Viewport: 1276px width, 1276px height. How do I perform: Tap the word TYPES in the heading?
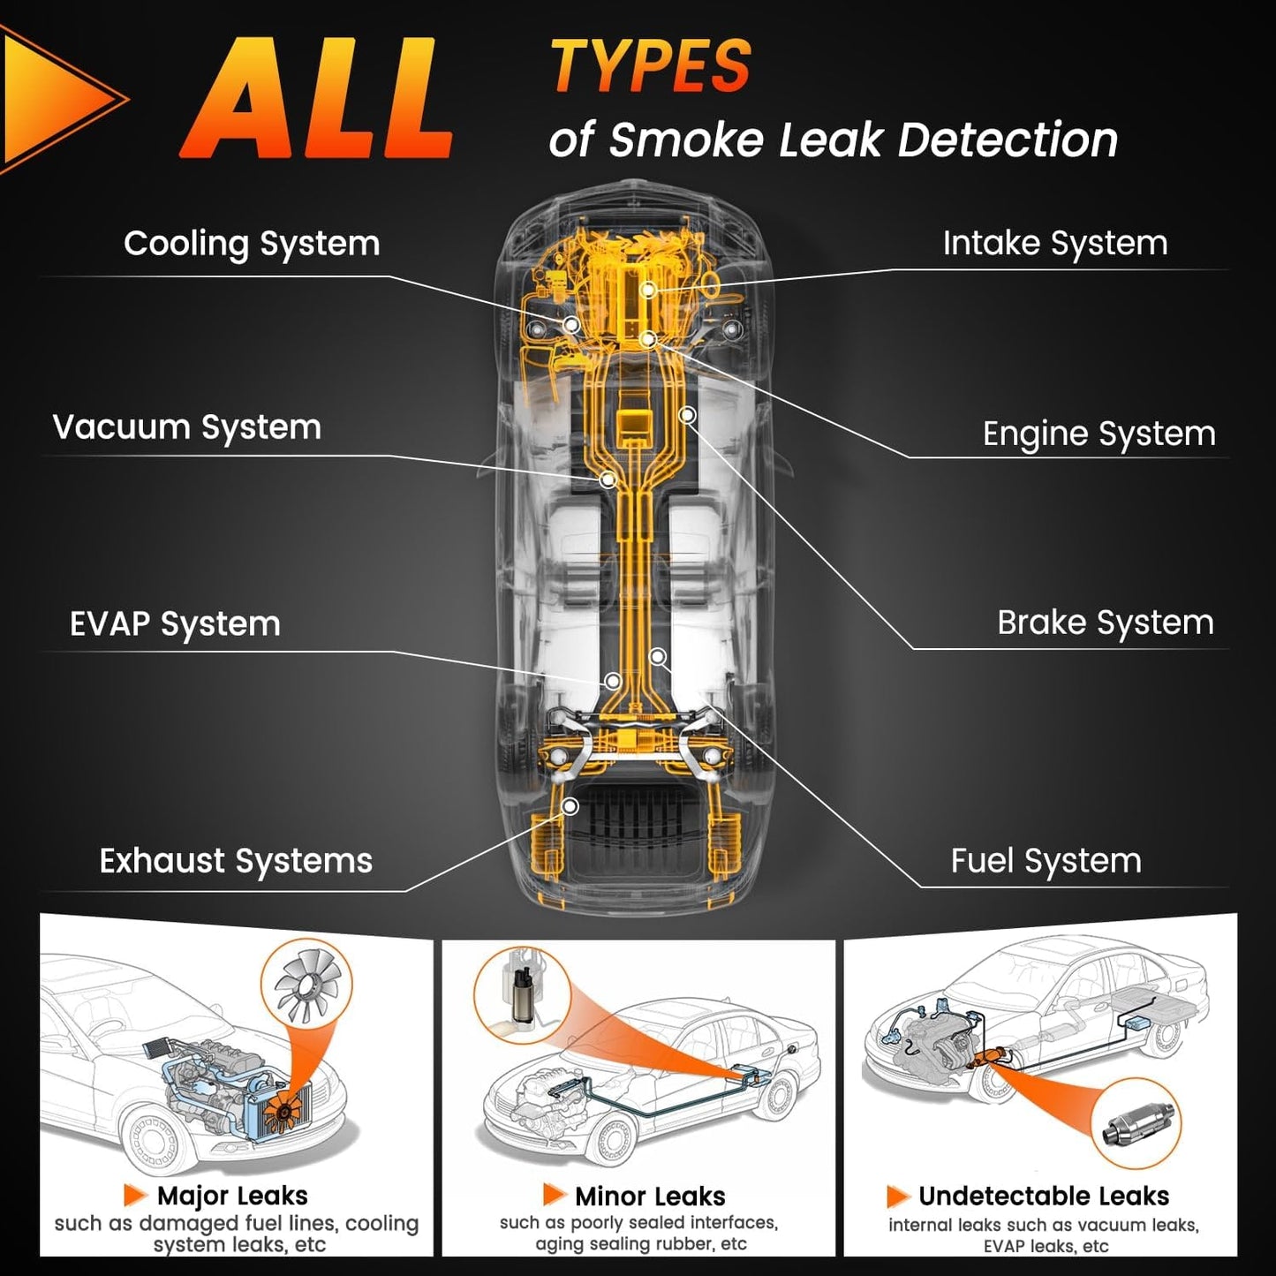[x=651, y=67]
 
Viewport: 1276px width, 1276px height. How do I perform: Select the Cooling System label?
[x=252, y=244]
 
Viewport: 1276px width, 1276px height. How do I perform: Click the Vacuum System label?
[x=186, y=427]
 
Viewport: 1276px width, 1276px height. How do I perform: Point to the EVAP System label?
[x=175, y=624]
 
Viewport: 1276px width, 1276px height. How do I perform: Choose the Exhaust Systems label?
[x=236, y=861]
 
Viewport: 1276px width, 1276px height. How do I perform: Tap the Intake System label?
[x=1055, y=244]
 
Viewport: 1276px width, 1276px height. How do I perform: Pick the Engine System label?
[x=1099, y=434]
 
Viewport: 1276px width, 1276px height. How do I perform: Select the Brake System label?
[x=1106, y=623]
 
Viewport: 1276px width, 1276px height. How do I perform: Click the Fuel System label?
[x=1046, y=861]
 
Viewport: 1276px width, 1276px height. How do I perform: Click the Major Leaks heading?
[x=232, y=1197]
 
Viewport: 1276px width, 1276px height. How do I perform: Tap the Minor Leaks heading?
[x=650, y=1197]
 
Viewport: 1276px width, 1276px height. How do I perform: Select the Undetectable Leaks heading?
[x=1044, y=1197]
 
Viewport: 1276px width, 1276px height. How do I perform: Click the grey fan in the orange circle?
[x=306, y=983]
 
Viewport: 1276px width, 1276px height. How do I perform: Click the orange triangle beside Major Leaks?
[x=134, y=1196]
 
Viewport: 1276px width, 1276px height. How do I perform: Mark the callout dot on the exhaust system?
[x=570, y=806]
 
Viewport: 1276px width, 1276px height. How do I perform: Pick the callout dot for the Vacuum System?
[x=608, y=479]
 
